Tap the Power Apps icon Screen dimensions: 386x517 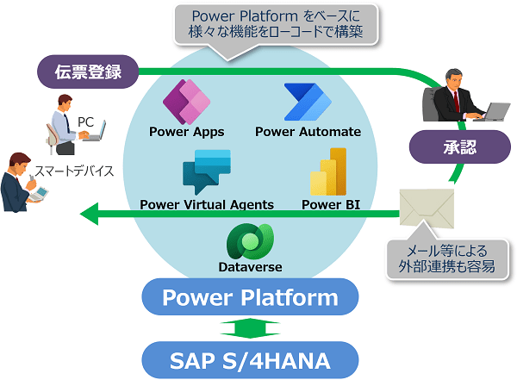coord(186,102)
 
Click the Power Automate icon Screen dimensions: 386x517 coord(308,103)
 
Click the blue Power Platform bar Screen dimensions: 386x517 coord(250,299)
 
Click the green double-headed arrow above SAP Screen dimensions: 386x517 coord(250,328)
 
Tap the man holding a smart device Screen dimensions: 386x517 coord(19,181)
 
